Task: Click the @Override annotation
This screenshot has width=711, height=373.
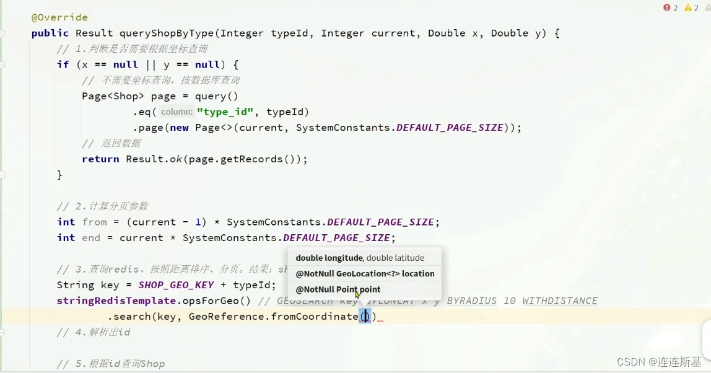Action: click(59, 17)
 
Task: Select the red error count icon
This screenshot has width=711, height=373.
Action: click(667, 7)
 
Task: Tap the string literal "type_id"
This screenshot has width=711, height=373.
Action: click(225, 112)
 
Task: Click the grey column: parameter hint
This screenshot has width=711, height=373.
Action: click(177, 112)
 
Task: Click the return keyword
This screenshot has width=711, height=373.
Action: click(100, 159)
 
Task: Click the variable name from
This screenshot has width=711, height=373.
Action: click(94, 222)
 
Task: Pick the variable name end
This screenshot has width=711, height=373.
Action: click(90, 238)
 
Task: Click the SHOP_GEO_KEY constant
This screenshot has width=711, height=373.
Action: click(176, 285)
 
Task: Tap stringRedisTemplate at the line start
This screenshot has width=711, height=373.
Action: click(116, 301)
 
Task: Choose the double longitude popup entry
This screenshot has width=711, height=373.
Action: click(360, 258)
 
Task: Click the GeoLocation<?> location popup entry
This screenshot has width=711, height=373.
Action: click(365, 274)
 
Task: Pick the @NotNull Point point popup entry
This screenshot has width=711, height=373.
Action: click(338, 289)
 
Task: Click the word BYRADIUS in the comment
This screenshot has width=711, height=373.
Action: click(471, 301)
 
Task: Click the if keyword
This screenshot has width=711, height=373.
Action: click(63, 64)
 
